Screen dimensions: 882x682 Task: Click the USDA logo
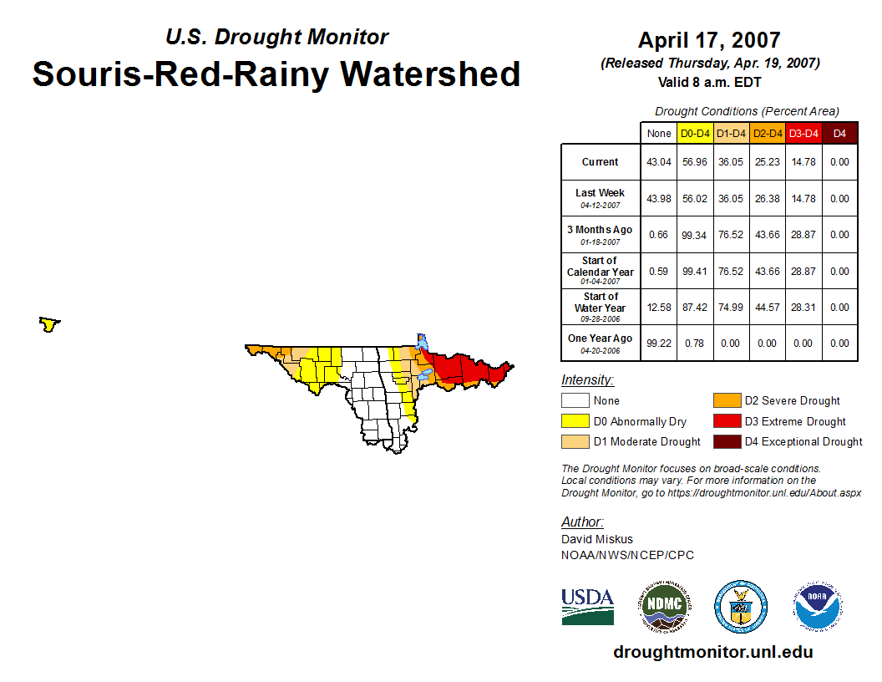tap(587, 607)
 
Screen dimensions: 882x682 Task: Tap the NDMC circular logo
tap(665, 606)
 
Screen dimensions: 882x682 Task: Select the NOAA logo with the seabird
tap(818, 606)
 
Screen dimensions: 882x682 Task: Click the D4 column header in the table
tap(839, 134)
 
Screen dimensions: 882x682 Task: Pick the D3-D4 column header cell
tap(803, 134)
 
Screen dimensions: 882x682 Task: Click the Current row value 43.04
tap(659, 162)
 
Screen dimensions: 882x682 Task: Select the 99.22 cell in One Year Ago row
tap(659, 344)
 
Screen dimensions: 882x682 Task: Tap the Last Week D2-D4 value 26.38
tap(768, 199)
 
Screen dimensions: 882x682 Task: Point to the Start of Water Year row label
tap(601, 308)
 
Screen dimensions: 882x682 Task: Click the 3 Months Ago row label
tap(601, 235)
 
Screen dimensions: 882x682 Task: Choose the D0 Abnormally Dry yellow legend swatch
tap(575, 421)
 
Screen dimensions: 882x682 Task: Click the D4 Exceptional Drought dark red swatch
tap(727, 442)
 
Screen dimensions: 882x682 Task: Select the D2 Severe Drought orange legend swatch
tap(727, 400)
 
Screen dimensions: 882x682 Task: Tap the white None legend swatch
tap(575, 400)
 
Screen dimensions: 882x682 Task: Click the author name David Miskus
tap(597, 539)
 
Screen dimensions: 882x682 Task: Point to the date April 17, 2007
tap(709, 40)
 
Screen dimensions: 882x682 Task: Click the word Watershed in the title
tap(430, 74)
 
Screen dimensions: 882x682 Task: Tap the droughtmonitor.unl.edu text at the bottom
tap(713, 652)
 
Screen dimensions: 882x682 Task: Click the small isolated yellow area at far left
tap(49, 324)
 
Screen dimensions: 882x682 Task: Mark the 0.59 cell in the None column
tap(659, 272)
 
